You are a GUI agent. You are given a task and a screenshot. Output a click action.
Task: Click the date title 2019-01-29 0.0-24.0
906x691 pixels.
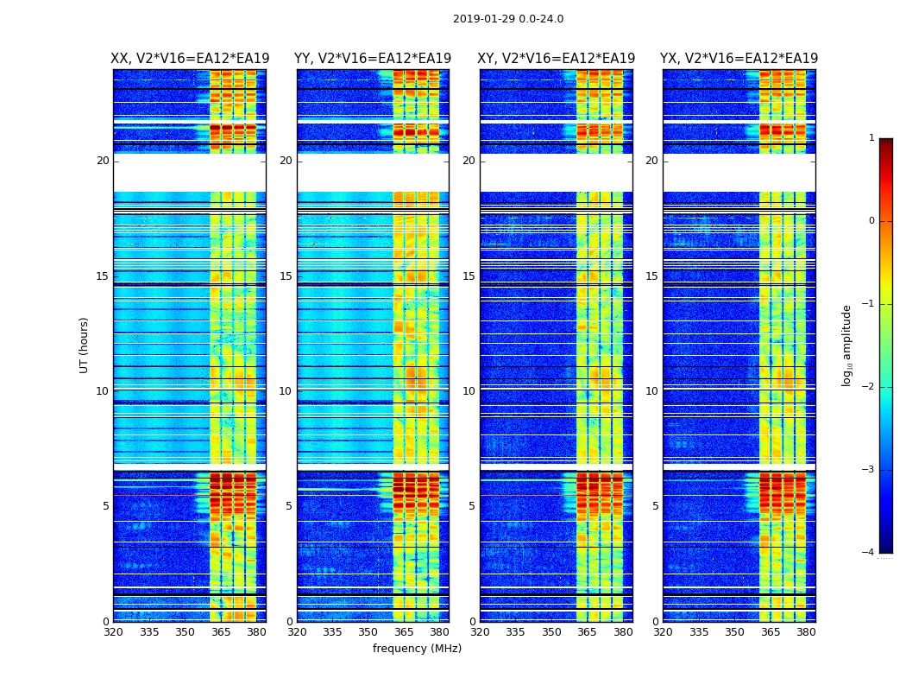pyautogui.click(x=508, y=19)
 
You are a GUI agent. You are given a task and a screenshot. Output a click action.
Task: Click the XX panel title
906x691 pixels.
pyautogui.click(x=190, y=59)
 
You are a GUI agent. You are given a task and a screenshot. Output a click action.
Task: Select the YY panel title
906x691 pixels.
pyautogui.click(x=373, y=59)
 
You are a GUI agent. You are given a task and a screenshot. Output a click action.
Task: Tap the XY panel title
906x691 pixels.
pyautogui.click(x=557, y=59)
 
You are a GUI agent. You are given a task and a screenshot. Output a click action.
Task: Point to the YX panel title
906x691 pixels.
pyautogui.click(x=739, y=59)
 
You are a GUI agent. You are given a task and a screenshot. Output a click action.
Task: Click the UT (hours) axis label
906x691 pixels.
pyautogui.click(x=84, y=345)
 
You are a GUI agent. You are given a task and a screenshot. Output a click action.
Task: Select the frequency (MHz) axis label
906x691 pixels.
pyautogui.click(x=417, y=649)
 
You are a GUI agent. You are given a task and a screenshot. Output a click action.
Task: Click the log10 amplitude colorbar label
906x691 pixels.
pyautogui.click(x=847, y=345)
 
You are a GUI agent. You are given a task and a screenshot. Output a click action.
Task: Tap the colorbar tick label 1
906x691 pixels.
pyautogui.click(x=871, y=138)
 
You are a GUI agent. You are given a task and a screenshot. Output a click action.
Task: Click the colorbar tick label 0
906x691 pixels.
pyautogui.click(x=871, y=221)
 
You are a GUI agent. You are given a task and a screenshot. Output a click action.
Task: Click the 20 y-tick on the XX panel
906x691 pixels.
pyautogui.click(x=103, y=161)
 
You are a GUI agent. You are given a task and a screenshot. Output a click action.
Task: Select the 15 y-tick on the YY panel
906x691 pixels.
pyautogui.click(x=286, y=276)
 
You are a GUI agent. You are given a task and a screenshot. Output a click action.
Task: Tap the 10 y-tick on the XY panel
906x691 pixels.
pyautogui.click(x=469, y=391)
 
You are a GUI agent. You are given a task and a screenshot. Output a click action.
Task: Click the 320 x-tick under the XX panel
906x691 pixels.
pyautogui.click(x=114, y=632)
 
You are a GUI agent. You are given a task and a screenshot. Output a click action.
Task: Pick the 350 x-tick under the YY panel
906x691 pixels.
pyautogui.click(x=368, y=632)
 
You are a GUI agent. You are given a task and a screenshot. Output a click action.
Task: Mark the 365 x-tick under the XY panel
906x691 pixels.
pyautogui.click(x=587, y=632)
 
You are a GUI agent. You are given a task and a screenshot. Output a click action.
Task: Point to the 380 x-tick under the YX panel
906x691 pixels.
pyautogui.click(x=806, y=632)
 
